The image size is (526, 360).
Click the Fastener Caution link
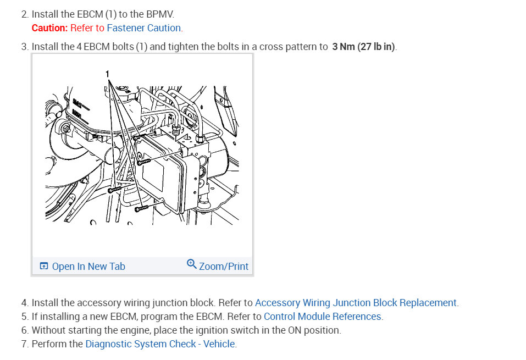pos(143,28)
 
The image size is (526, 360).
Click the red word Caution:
pos(49,28)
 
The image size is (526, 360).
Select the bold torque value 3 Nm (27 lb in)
pos(364,46)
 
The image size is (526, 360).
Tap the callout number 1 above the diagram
pos(107,74)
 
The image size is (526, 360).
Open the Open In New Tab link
pos(88,267)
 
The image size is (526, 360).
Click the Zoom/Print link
pos(224,267)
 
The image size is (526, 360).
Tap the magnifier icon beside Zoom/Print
pos(191,264)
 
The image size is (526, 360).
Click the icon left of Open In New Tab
pos(44,266)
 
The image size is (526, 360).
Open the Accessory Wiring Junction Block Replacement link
pos(356,303)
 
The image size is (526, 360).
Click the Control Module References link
pos(323,317)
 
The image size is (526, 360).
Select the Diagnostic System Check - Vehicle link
pos(160,344)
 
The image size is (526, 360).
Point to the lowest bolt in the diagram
pos(141,209)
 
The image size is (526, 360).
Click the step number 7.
pos(25,344)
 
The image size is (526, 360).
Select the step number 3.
pos(25,46)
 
